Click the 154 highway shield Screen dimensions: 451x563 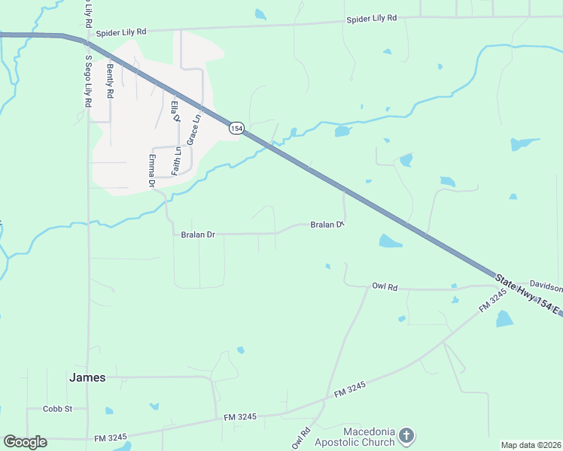237,129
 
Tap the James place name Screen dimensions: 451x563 87,378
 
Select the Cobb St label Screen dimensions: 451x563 57,409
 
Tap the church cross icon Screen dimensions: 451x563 406,436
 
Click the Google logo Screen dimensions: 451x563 25,442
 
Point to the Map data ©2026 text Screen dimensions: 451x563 531,445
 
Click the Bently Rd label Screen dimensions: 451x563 110,82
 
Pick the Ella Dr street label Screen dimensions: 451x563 176,111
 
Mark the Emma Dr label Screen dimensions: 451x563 151,171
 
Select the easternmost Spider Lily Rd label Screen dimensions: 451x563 371,18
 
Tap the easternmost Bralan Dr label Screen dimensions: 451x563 327,225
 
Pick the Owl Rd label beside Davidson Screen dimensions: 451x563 384,286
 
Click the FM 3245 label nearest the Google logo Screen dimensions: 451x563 111,437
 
